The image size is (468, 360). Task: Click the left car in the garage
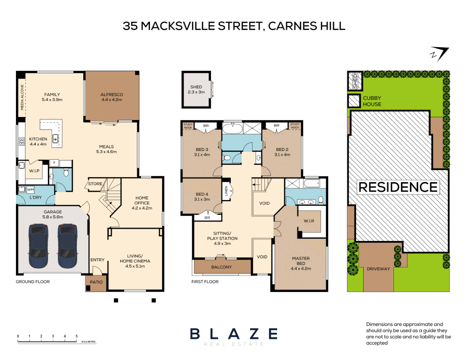(x=38, y=246)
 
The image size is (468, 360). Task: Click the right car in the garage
(x=68, y=246)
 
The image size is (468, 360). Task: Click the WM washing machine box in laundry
(x=30, y=190)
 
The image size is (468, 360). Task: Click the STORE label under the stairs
(x=95, y=184)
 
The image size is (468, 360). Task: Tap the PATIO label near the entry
(x=96, y=282)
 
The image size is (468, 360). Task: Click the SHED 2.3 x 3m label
(x=196, y=89)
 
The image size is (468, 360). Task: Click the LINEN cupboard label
(x=226, y=191)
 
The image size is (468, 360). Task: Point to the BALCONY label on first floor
(x=221, y=267)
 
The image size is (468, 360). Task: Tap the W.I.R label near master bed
(x=309, y=221)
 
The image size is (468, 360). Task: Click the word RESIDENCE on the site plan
(x=398, y=187)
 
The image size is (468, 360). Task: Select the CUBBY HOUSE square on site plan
(x=354, y=101)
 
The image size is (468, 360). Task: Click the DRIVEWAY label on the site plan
(x=378, y=269)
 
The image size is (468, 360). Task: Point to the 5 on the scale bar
(x=77, y=336)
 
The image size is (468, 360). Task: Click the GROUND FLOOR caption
(x=33, y=282)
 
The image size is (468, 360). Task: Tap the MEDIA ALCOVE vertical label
(x=22, y=97)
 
